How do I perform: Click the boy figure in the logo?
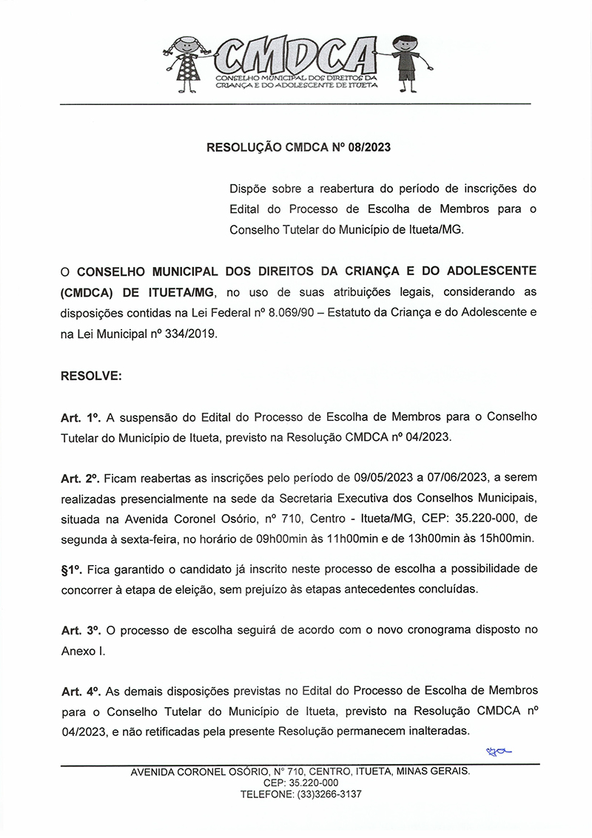point(405,62)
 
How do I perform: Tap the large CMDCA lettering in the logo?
point(296,55)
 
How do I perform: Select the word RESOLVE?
point(91,376)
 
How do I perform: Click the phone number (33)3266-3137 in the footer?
point(329,794)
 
